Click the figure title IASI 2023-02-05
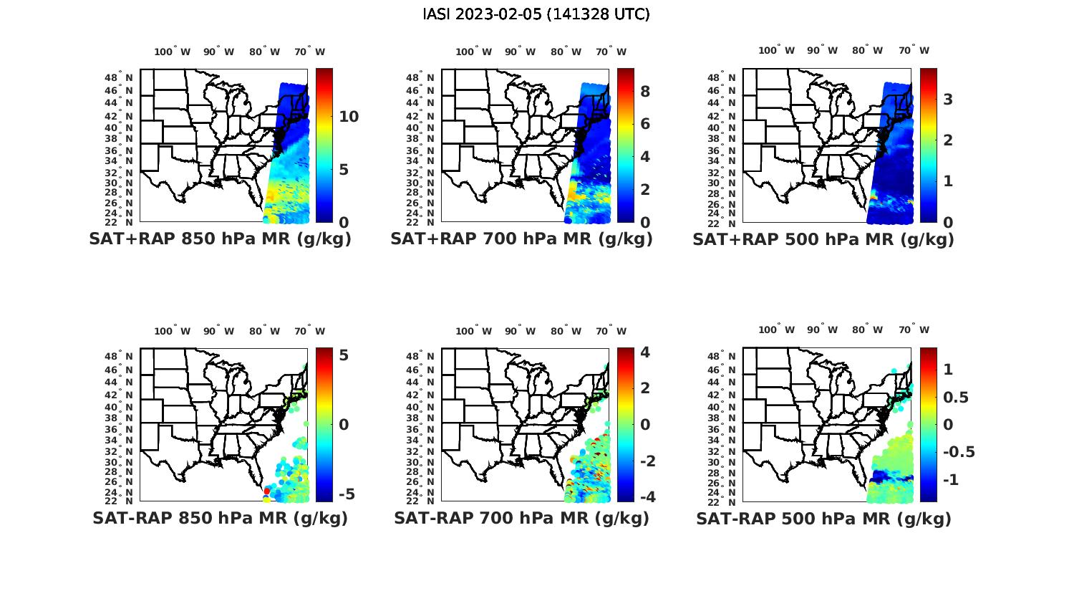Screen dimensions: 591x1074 tap(536, 14)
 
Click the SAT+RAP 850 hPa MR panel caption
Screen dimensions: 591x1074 tap(220, 239)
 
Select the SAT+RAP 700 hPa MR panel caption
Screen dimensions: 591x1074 tap(521, 239)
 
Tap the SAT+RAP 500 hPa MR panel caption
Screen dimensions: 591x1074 tap(823, 239)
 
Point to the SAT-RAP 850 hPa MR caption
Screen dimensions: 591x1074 tap(220, 518)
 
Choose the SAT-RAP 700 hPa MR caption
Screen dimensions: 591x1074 tap(521, 518)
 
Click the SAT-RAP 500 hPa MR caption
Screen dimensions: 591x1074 tap(823, 518)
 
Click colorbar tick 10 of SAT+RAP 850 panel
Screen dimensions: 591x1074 tap(349, 117)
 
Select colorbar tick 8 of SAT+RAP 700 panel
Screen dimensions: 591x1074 tap(644, 91)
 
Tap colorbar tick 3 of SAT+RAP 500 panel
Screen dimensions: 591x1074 tap(948, 99)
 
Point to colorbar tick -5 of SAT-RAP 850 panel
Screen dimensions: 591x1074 tap(346, 494)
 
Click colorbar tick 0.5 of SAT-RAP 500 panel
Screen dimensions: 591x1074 tap(956, 397)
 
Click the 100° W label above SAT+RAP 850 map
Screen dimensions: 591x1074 tap(173, 52)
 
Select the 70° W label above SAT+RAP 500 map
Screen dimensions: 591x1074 tap(914, 50)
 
